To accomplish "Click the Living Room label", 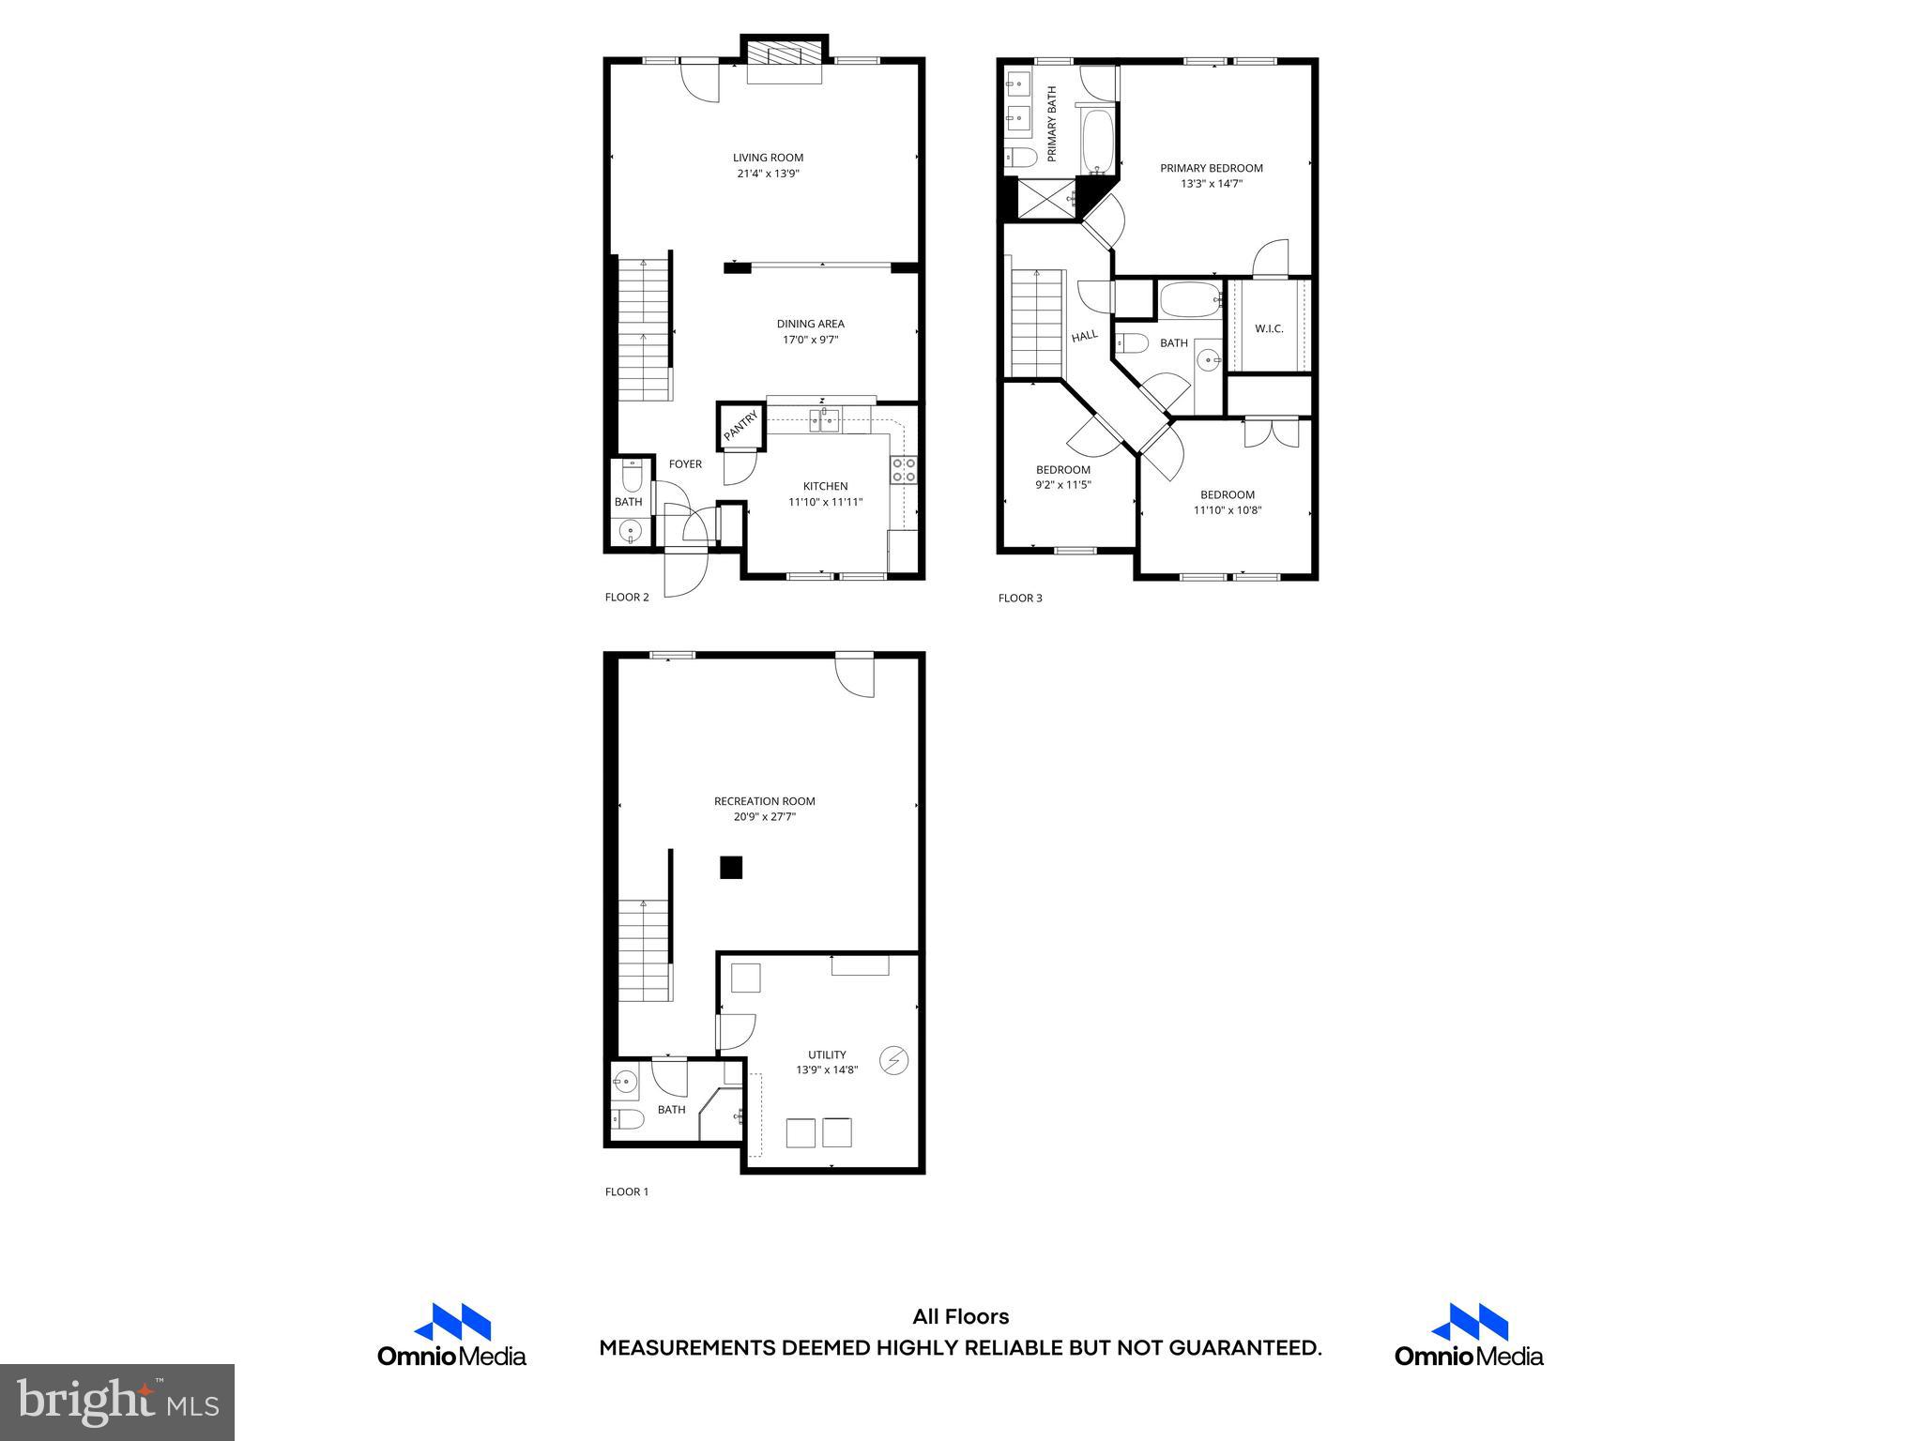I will pos(768,158).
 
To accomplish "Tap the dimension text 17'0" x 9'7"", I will pos(810,340).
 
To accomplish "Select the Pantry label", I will pos(740,427).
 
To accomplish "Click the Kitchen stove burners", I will pos(904,470).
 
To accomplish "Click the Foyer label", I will pos(685,464).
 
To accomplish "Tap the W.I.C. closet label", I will pos(1269,329).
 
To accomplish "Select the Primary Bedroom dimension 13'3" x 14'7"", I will pos(1212,184).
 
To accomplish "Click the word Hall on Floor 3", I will pos(1085,335).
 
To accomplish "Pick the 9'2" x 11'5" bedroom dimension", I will pos(1063,485).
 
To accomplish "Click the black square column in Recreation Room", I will pos(731,868).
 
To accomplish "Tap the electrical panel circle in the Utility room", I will pos(893,1061).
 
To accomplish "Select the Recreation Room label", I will pos(764,801).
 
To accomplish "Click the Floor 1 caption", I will pos(627,1192).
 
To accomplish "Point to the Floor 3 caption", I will pos(1020,598).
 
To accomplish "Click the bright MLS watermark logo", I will pos(117,1403).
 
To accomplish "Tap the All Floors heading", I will pos(960,1317).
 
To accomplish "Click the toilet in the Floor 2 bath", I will pos(633,479).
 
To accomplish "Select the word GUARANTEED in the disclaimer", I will pos(1243,1348).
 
